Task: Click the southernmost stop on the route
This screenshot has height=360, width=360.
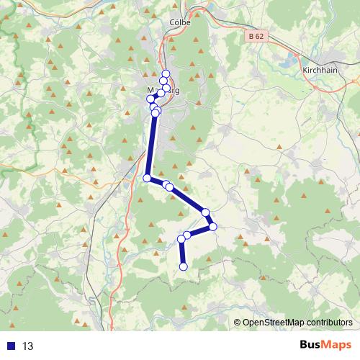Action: tap(183, 266)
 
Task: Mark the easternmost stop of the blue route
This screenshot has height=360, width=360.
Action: tap(212, 228)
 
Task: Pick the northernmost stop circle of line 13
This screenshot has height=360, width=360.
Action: tap(166, 73)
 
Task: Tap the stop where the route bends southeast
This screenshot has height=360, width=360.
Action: tap(147, 178)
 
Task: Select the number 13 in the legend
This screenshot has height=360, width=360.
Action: tap(28, 346)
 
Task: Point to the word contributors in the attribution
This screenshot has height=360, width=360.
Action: tap(328, 323)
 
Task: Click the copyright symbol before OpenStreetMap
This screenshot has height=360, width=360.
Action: tap(238, 323)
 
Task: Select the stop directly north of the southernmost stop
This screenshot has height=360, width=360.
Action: tap(181, 239)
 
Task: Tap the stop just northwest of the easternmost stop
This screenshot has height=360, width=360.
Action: tap(206, 212)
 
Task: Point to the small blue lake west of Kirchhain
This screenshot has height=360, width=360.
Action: tap(294, 58)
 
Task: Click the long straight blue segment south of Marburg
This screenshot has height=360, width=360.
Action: tap(151, 144)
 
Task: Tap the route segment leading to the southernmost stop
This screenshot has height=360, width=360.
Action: tap(182, 253)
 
